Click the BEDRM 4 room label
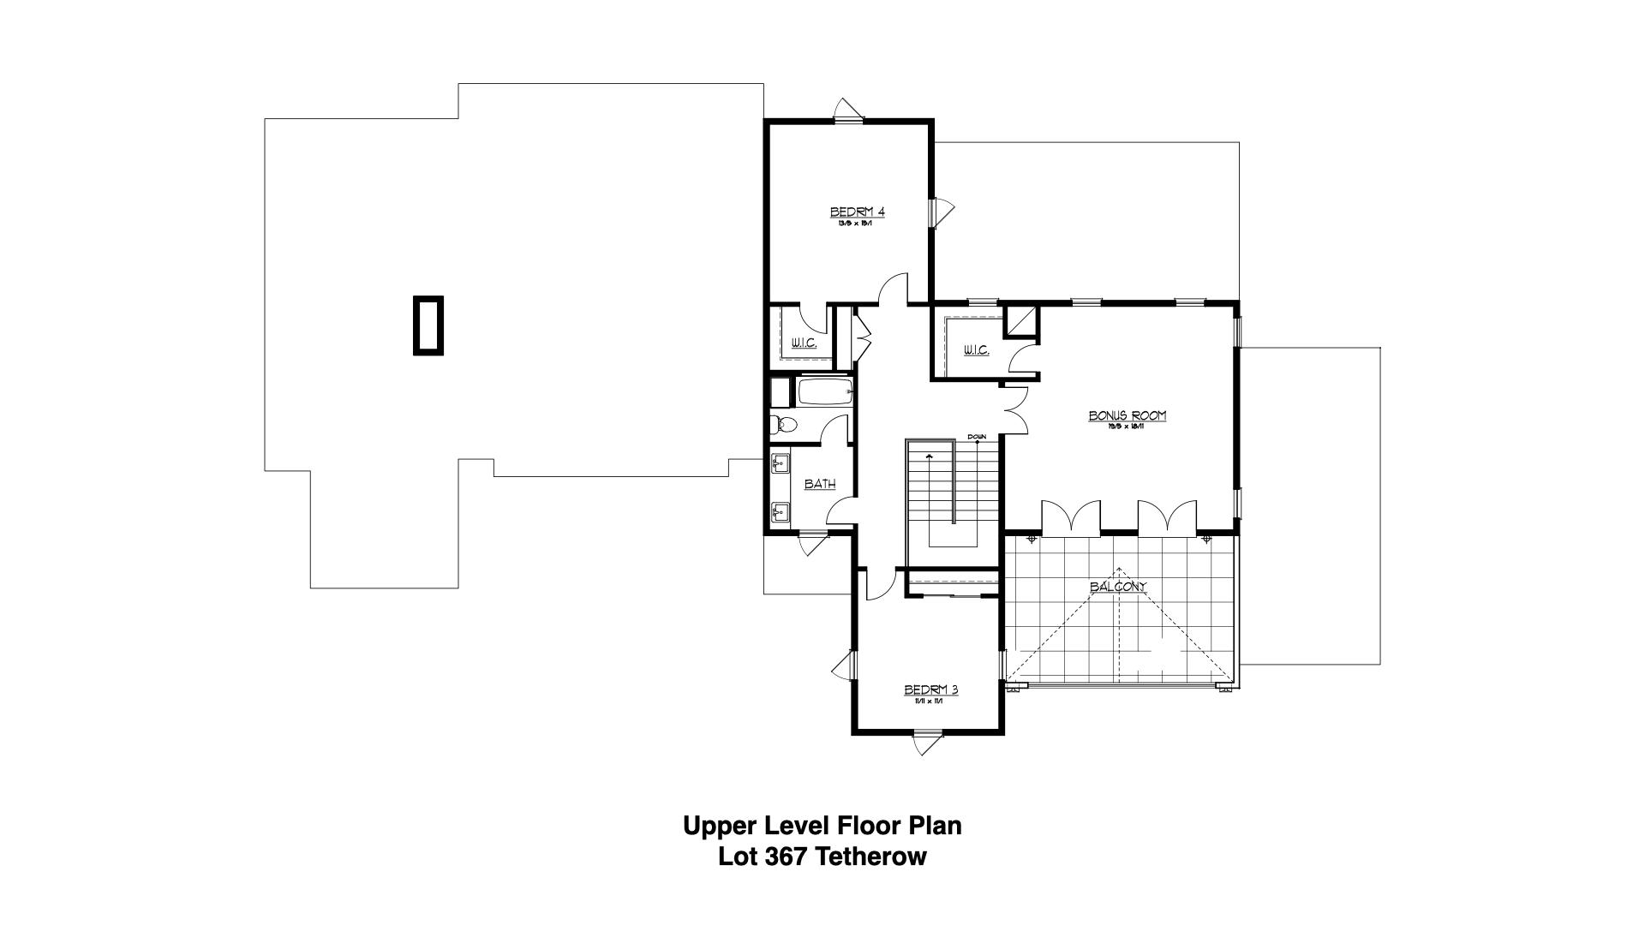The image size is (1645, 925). (x=857, y=212)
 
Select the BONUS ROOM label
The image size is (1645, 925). (x=1128, y=415)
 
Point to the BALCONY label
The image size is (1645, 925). (x=1117, y=587)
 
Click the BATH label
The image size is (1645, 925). (x=820, y=484)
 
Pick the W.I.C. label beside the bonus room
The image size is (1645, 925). (x=976, y=350)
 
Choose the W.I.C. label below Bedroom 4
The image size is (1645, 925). (x=804, y=343)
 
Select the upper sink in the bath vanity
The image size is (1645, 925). (x=780, y=464)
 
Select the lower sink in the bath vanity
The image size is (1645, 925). (x=780, y=512)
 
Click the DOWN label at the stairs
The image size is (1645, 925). (x=977, y=437)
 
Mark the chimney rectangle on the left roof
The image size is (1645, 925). (x=428, y=325)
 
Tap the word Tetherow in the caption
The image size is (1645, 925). (x=871, y=856)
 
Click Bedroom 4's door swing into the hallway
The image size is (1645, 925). (x=894, y=288)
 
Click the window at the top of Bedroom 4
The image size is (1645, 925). (x=849, y=120)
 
